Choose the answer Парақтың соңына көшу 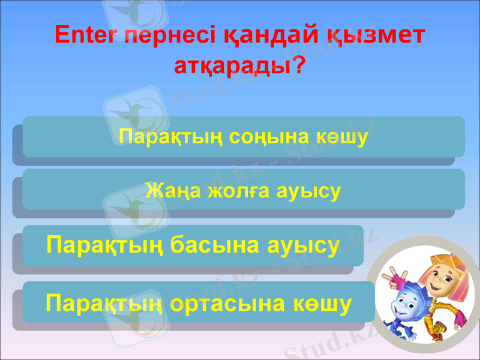pyautogui.click(x=243, y=137)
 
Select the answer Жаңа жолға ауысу pyautogui.click(x=243, y=191)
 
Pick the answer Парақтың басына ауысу pyautogui.click(x=193, y=245)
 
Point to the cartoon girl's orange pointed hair pyautogui.click(x=441, y=251)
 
